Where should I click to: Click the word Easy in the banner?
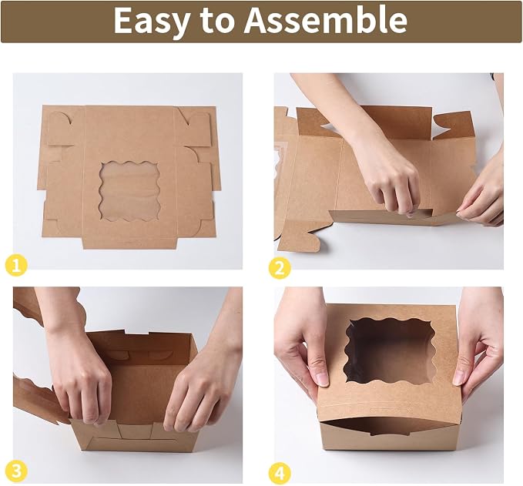click(151, 21)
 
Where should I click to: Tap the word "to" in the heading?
click(216, 21)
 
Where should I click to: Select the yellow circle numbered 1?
click(16, 266)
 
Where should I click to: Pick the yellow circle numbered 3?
click(16, 471)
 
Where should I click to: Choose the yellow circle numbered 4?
click(280, 473)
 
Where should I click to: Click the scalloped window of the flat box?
click(129, 191)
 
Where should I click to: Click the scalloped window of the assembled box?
click(390, 350)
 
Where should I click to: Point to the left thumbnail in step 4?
click(322, 379)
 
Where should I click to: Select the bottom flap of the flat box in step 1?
click(129, 243)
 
